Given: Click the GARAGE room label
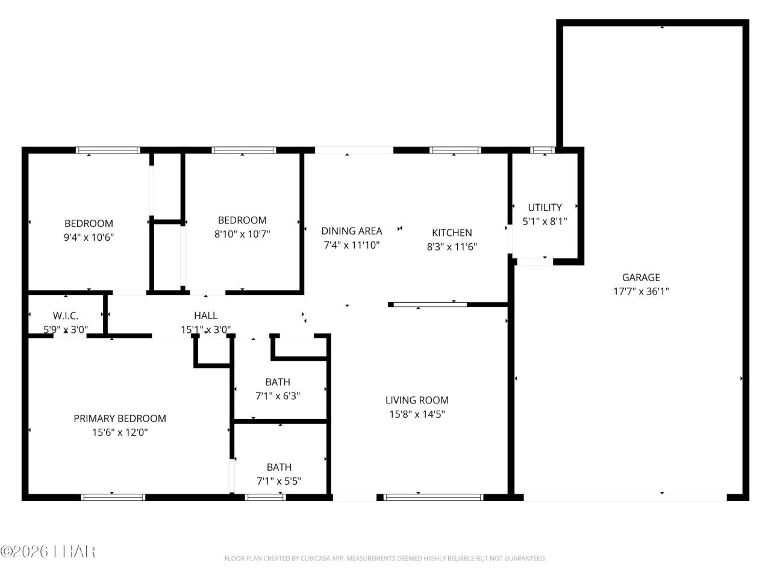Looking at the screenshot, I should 641,278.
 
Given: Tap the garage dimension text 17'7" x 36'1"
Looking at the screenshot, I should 641,291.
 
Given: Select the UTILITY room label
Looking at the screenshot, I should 545,207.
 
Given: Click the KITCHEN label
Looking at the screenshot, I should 452,232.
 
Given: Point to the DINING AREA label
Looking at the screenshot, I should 352,231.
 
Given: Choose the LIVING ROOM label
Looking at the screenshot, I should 417,400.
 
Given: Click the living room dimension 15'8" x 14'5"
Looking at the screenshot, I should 417,414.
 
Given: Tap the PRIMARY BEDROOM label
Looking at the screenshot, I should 120,418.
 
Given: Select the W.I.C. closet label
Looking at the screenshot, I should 66,315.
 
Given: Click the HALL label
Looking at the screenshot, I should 205,315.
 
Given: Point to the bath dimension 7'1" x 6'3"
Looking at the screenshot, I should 278,396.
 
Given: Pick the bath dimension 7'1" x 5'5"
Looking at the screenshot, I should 279,481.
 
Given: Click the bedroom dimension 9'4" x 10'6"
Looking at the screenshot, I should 89,237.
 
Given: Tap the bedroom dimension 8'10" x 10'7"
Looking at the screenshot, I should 242,234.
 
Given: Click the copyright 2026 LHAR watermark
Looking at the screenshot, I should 48,551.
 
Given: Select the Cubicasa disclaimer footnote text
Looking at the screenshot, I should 385,559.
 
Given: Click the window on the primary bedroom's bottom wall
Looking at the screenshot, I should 113,497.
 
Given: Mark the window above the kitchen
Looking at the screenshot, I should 455,150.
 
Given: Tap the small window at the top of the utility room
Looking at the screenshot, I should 542,150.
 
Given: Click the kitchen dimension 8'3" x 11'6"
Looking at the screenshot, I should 452,246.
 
